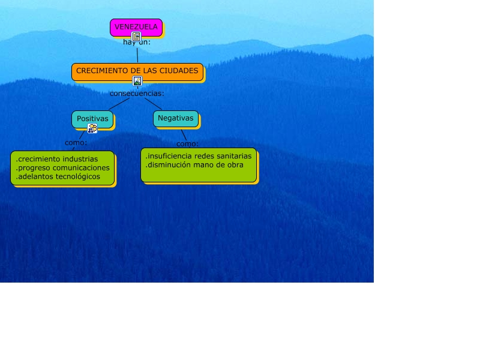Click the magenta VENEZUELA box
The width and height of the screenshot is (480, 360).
pyautogui.click(x=136, y=26)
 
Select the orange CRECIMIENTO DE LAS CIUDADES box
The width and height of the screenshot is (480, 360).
pyautogui.click(x=137, y=71)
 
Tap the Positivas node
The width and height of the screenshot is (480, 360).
pyautogui.click(x=92, y=119)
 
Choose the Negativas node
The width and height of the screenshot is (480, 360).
pyautogui.click(x=175, y=118)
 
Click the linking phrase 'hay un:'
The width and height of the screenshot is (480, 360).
pyautogui.click(x=137, y=43)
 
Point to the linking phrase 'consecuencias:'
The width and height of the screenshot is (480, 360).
pyautogui.click(x=137, y=94)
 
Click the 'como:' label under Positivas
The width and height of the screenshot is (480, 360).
pyautogui.click(x=76, y=143)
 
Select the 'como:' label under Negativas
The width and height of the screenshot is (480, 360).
pyautogui.click(x=187, y=144)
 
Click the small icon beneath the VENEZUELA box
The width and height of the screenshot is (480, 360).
pyautogui.click(x=136, y=37)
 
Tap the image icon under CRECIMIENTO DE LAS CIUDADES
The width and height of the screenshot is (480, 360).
pyautogui.click(x=137, y=81)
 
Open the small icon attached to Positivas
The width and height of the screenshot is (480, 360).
pyautogui.click(x=92, y=128)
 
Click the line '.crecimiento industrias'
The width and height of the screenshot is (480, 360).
pyautogui.click(x=57, y=159)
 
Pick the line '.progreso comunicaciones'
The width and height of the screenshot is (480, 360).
pyautogui.click(x=63, y=168)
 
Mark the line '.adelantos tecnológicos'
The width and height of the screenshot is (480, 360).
pyautogui.click(x=58, y=177)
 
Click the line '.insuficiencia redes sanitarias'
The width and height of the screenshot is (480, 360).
pyautogui.click(x=199, y=156)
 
